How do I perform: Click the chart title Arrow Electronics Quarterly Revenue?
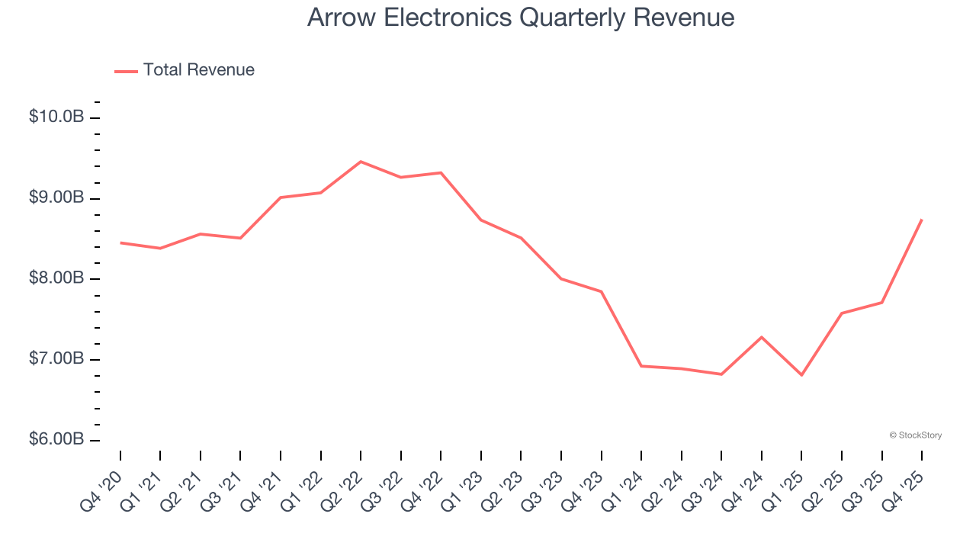[x=521, y=18]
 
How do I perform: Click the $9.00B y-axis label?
[x=56, y=198]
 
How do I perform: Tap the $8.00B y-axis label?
[x=56, y=279]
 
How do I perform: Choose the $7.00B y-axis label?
[x=56, y=359]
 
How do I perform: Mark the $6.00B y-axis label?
[x=56, y=440]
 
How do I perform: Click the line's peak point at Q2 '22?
[x=361, y=162]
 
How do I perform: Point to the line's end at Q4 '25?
[x=922, y=220]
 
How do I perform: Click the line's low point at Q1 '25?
[x=801, y=375]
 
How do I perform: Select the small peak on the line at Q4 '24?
[x=762, y=337]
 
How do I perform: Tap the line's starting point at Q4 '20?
[x=120, y=242]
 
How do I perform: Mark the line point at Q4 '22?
[x=441, y=172]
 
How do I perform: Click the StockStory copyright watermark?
[x=915, y=435]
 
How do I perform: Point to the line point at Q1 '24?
[x=641, y=366]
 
